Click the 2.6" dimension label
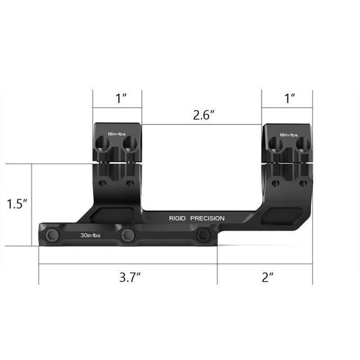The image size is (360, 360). point(204,115)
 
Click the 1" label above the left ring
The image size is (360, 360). point(121,98)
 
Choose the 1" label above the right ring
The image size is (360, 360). point(290,98)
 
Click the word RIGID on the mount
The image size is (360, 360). point(178,218)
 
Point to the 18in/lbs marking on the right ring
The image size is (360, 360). point(289,135)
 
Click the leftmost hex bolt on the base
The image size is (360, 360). point(51,235)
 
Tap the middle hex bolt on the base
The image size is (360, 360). point(128,235)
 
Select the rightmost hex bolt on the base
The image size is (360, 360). point(204,235)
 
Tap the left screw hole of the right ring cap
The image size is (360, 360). point(276,146)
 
